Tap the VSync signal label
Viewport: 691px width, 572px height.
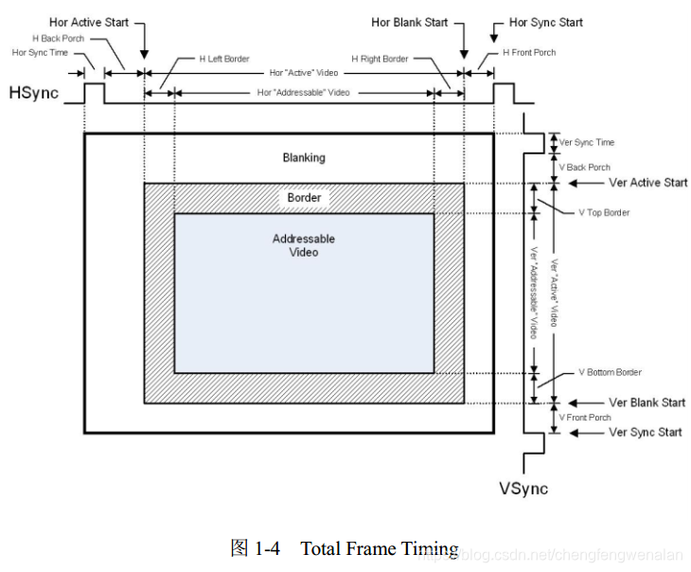pos(523,489)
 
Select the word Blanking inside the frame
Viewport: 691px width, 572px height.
pos(304,157)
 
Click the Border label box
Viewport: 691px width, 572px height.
pos(304,198)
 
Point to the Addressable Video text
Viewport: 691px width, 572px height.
pos(304,245)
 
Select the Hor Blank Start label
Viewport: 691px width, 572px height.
pos(410,22)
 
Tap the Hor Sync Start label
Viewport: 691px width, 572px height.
pos(546,22)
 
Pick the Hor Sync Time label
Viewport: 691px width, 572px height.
pos(40,52)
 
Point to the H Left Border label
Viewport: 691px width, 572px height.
pos(224,59)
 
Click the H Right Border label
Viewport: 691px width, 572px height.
pos(380,59)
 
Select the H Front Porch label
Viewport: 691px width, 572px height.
pos(529,52)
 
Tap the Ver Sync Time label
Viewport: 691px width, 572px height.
pos(586,142)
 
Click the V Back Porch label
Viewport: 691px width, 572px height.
pos(584,168)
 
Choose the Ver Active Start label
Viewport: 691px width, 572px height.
pos(648,182)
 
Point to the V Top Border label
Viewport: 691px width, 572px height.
pos(604,212)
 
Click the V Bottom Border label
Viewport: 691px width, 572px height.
pos(610,372)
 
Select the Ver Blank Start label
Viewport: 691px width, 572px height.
pos(647,402)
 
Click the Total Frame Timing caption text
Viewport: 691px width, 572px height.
pos(379,548)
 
